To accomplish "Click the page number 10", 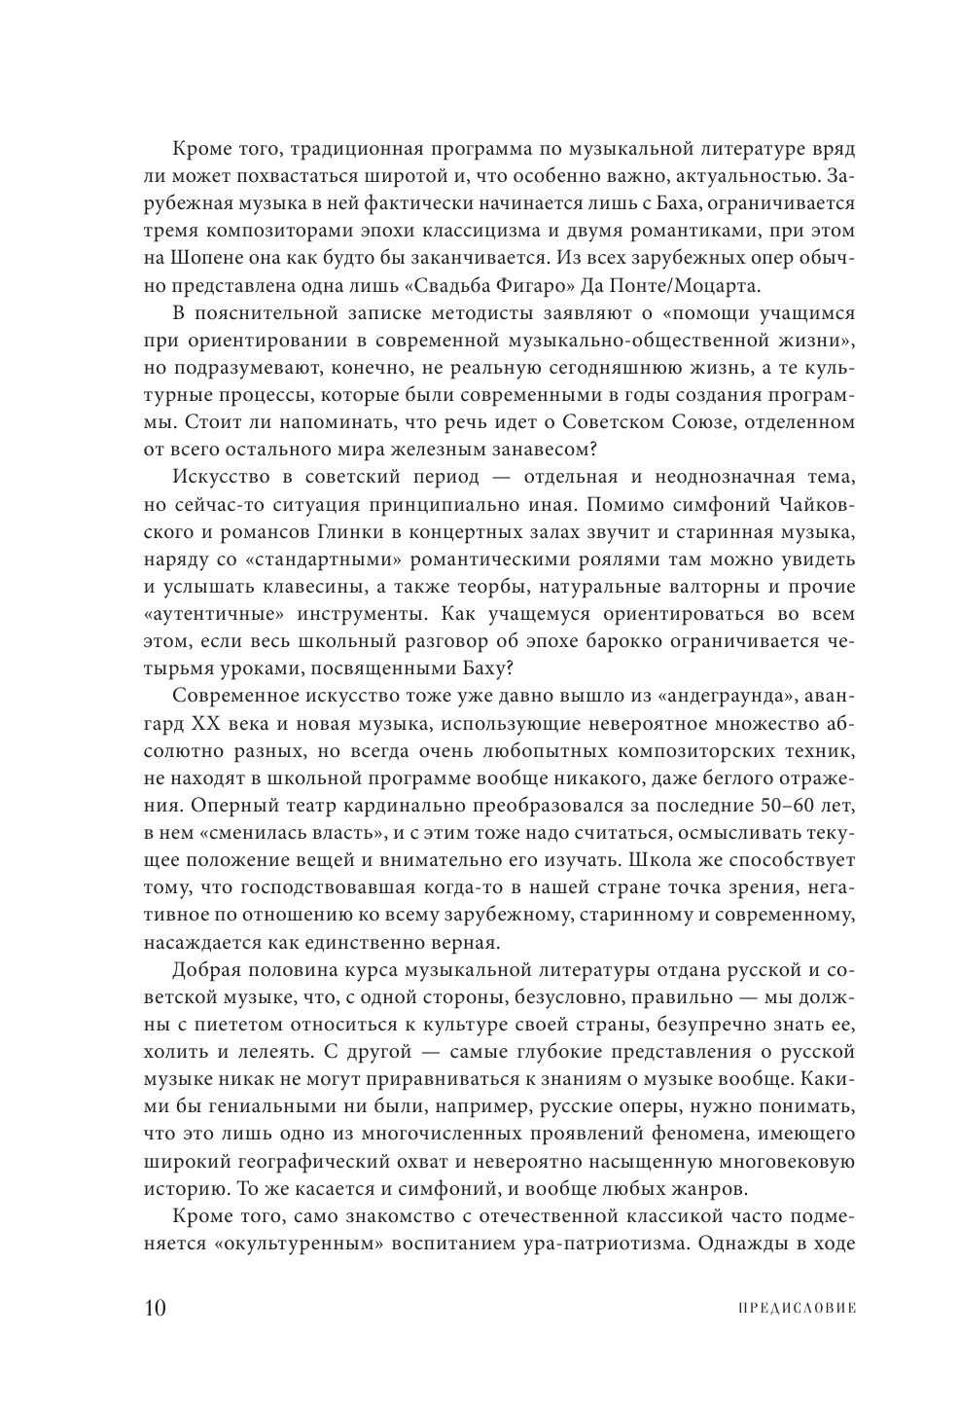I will pos(156,1307).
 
